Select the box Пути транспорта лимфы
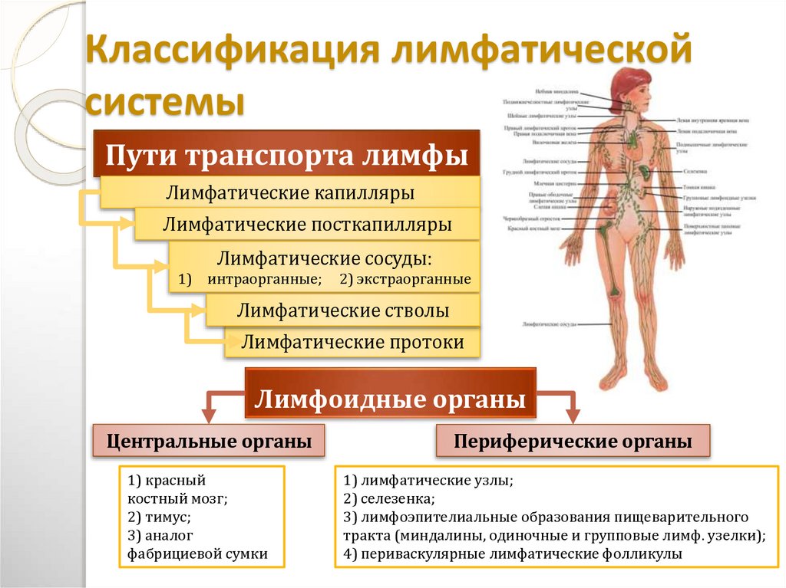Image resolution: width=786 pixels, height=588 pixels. (286, 153)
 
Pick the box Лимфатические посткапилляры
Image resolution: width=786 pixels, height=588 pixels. (307, 225)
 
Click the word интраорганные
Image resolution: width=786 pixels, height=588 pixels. (264, 280)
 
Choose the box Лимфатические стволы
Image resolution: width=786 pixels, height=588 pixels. (342, 310)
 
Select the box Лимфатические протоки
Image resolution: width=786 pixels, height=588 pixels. (352, 342)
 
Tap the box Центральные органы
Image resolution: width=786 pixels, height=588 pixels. (209, 442)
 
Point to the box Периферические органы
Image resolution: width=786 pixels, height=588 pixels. (573, 442)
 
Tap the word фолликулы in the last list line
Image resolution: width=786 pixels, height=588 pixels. (640, 554)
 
